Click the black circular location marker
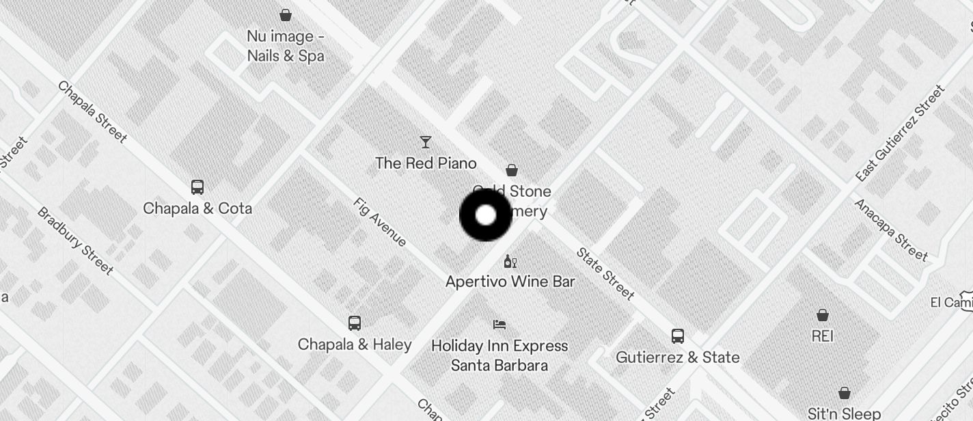tap(486, 215)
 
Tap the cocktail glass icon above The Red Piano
tap(426, 142)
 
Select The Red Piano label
tap(426, 163)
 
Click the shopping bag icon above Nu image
tap(286, 14)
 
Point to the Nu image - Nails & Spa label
tap(286, 46)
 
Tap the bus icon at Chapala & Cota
tap(197, 187)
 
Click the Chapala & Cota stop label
tap(197, 208)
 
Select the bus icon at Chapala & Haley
tap(354, 323)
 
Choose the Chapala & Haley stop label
tap(355, 344)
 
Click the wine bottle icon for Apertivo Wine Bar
tap(510, 261)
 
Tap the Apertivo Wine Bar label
tap(510, 282)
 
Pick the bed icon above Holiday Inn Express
tap(499, 325)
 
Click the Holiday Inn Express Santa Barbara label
tap(499, 355)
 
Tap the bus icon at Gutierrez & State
tap(678, 336)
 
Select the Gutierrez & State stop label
tap(678, 357)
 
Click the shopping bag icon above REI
tap(823, 315)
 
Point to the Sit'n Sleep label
tap(844, 413)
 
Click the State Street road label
tap(605, 273)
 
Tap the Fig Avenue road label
tap(381, 222)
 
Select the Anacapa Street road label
tap(891, 230)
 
